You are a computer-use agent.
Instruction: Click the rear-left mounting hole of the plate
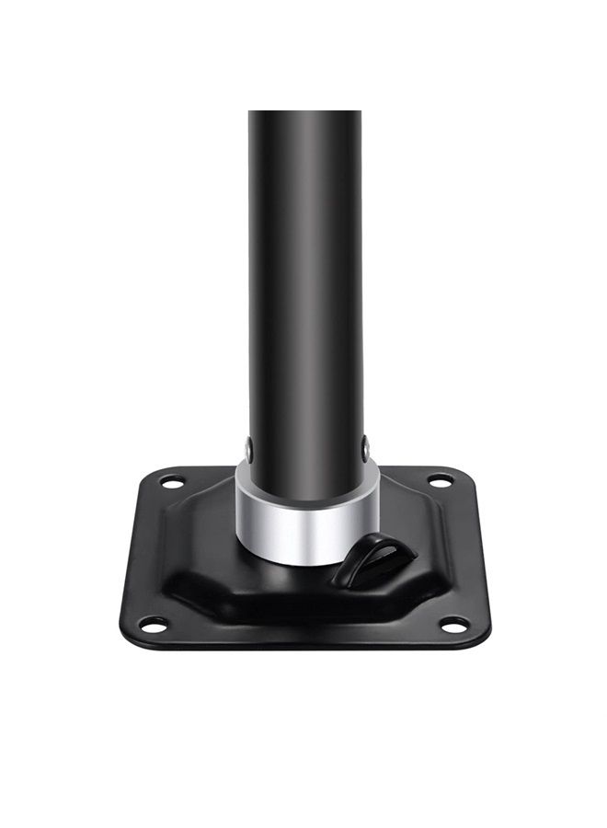172,480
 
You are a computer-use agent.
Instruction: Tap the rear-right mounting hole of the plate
440,480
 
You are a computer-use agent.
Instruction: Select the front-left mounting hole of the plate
152,627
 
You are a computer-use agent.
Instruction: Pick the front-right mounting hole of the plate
454,626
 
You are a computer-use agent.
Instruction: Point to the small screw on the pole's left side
249,450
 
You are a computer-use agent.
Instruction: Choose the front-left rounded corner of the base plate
129,635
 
